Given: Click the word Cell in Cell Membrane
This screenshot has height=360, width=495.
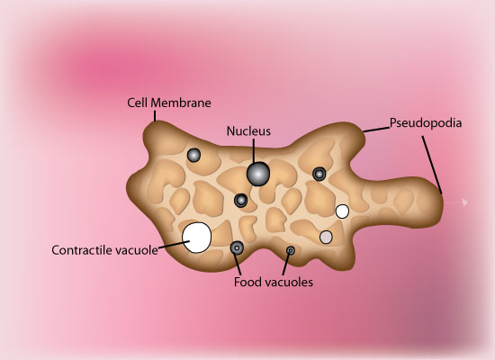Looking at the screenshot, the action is click(137, 103).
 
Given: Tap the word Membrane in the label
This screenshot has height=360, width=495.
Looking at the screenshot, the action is click(181, 103).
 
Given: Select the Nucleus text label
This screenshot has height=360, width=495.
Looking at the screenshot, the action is click(248, 131).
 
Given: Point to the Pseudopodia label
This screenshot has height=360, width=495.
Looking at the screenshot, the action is click(426, 123).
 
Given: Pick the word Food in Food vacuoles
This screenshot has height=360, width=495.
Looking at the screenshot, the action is click(246, 282).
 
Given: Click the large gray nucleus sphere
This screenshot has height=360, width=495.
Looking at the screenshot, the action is click(258, 174).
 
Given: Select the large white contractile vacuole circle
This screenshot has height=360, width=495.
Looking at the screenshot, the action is click(197, 238).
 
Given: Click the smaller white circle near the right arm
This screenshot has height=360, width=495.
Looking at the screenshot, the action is click(342, 211).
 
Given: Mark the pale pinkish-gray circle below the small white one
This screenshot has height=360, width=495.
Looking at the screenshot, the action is click(326, 238).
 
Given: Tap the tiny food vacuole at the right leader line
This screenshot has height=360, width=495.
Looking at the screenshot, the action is click(291, 250).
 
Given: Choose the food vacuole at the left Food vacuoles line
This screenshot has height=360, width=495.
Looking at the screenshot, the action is click(237, 247).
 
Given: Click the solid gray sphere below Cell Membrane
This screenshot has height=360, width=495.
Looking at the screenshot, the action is click(193, 155).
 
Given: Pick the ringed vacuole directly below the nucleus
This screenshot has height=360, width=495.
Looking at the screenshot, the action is click(241, 201).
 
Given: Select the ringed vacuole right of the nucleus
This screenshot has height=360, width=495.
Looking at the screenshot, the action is click(319, 174).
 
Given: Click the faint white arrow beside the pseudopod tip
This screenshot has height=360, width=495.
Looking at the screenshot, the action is click(457, 202).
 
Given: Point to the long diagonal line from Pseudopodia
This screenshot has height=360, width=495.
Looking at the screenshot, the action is click(432, 165).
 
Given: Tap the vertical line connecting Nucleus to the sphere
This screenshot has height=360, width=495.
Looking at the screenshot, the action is click(254, 151).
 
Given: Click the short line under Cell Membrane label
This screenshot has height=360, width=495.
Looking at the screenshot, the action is click(155, 116).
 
